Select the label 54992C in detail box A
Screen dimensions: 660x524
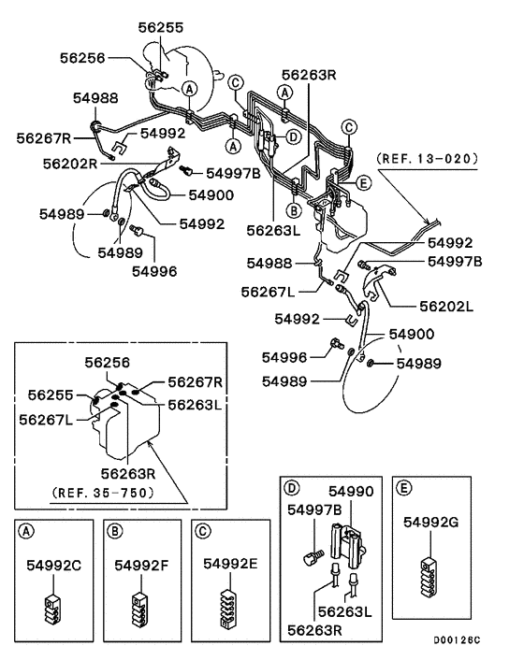54,565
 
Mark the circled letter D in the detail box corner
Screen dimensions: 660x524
291,488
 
